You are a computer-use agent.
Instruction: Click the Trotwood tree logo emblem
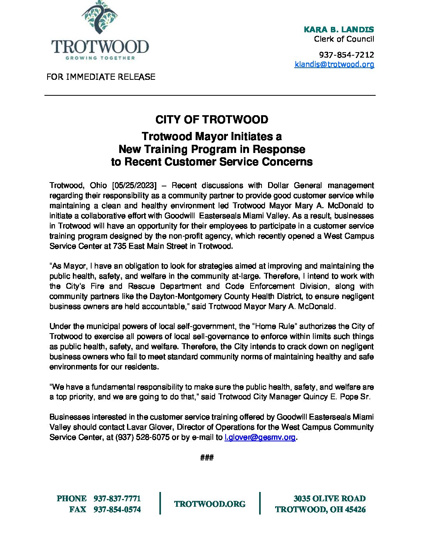100,18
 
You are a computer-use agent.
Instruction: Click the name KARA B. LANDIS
339,29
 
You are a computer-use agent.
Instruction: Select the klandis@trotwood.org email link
334,64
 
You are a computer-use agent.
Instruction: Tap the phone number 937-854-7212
346,54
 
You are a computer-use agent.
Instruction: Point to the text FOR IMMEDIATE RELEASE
101,77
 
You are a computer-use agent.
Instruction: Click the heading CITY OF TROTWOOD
212,119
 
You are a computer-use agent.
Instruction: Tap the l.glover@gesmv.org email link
260,437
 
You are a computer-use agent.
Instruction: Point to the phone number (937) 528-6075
142,437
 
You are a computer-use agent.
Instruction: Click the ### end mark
207,457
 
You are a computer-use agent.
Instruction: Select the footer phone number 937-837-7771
117,499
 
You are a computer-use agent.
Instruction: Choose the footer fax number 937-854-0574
117,509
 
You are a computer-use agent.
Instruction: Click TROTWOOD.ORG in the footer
210,504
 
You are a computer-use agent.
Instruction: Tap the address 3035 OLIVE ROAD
329,499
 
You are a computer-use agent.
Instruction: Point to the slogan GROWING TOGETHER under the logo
100,58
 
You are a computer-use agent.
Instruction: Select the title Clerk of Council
344,39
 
